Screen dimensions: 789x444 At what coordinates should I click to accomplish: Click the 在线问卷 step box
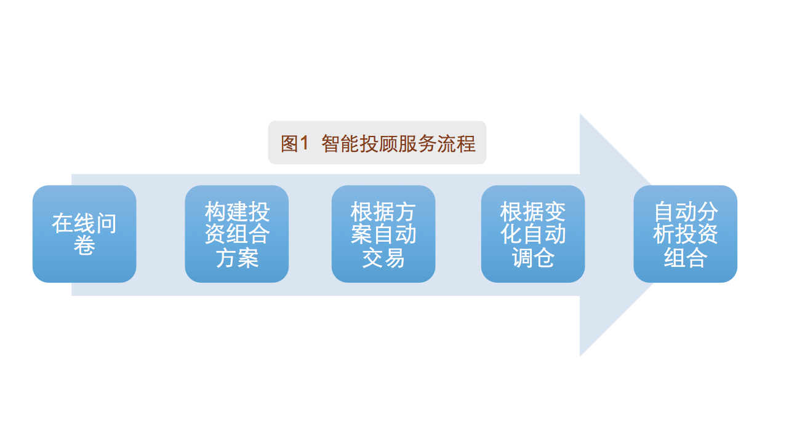click(x=84, y=234)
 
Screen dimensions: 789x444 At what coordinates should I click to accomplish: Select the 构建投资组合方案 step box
click(x=237, y=234)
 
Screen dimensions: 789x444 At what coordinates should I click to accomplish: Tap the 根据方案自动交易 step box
click(x=383, y=234)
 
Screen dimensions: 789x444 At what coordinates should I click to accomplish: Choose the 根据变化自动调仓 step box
click(x=533, y=234)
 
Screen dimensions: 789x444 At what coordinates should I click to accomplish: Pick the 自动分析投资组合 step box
click(x=685, y=234)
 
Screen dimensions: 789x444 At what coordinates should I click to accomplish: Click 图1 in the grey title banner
click(x=294, y=143)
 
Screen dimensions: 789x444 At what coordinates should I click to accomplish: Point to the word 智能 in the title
click(x=340, y=143)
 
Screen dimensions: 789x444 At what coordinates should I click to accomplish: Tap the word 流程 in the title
click(x=457, y=143)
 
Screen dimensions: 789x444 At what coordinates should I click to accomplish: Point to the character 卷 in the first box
click(x=84, y=245)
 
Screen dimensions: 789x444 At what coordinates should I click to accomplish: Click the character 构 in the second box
click(x=215, y=212)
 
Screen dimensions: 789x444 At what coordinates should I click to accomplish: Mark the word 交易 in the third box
click(x=383, y=258)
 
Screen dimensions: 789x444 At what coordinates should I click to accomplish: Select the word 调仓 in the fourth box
click(x=533, y=258)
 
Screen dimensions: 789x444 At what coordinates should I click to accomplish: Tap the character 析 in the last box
click(x=663, y=234)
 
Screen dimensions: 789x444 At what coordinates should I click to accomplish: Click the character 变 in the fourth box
click(x=555, y=212)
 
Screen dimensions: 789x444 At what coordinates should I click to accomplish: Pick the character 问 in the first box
click(x=106, y=223)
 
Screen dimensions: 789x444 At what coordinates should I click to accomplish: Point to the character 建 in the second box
click(x=237, y=212)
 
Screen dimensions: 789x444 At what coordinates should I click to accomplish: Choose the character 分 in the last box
click(x=707, y=212)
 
